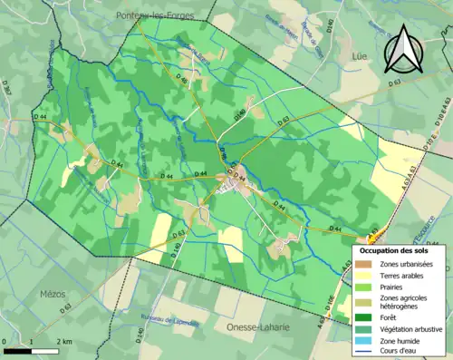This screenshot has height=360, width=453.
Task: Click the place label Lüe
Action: (x=357, y=56)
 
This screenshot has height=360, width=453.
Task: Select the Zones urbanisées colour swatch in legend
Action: (x=363, y=264)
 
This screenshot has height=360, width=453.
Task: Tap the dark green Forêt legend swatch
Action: (x=363, y=317)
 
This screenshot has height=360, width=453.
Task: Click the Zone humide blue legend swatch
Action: (x=363, y=341)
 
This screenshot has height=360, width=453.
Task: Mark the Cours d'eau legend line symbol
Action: (x=363, y=352)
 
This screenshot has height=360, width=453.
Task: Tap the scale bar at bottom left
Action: (x=31, y=350)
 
